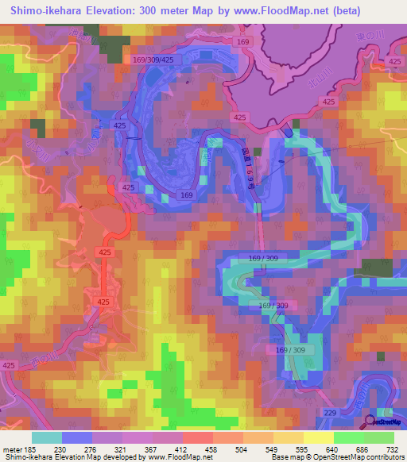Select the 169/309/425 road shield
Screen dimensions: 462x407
[x=152, y=59]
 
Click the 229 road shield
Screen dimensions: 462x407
[x=330, y=413]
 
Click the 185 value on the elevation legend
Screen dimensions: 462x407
[x=33, y=449]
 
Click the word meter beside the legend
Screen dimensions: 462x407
[x=13, y=449]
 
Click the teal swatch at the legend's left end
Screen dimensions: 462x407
[x=47, y=437]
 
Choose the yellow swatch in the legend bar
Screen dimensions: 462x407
[x=319, y=437]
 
